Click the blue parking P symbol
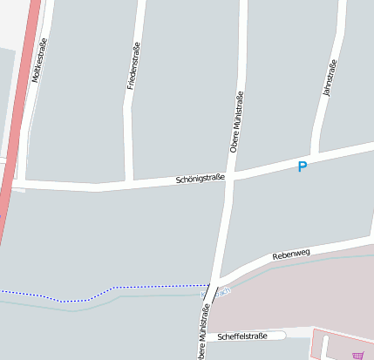click(303, 166)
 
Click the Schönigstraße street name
click(200, 179)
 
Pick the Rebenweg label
click(291, 254)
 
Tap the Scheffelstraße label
click(242, 336)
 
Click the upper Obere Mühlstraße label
click(236, 122)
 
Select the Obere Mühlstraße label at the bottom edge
click(204, 332)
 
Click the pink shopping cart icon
click(357, 355)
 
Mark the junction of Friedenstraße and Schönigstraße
click(129, 184)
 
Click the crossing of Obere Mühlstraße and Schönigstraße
click(231, 175)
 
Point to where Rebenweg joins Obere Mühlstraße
click(221, 275)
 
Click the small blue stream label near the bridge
click(225, 291)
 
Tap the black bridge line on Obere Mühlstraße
click(212, 290)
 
